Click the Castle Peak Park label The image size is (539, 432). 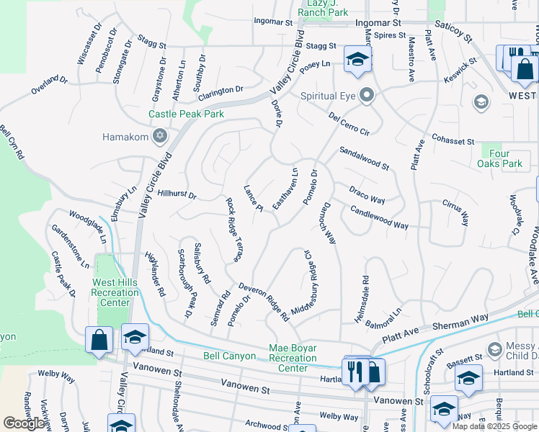tap(186, 114)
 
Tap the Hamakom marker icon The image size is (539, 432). tap(160, 136)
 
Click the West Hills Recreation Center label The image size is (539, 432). tap(115, 292)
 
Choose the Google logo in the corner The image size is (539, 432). tap(24, 423)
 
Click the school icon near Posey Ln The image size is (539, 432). tap(356, 60)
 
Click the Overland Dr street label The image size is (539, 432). tap(48, 86)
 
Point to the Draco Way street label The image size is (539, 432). tap(367, 194)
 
